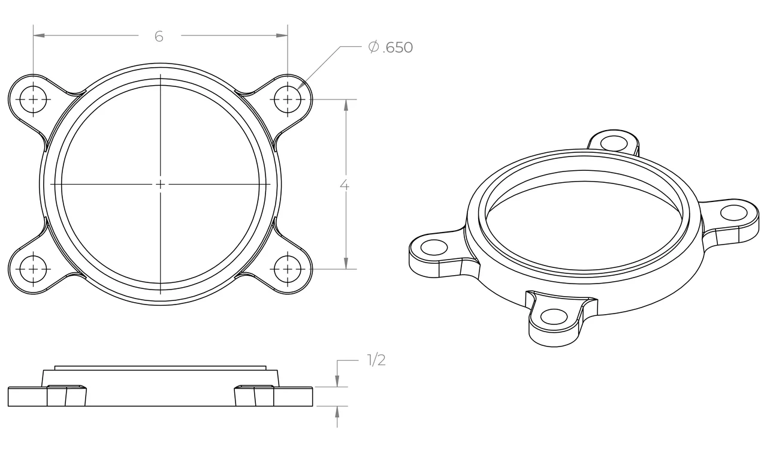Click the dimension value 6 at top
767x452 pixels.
[x=159, y=36]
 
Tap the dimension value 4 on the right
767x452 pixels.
[x=345, y=185]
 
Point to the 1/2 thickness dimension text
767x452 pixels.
[x=376, y=360]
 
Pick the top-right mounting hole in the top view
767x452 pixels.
[x=288, y=99]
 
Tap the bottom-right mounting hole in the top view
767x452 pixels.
[x=288, y=269]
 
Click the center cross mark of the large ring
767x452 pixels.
[x=161, y=184]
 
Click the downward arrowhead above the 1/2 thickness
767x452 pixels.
[x=337, y=381]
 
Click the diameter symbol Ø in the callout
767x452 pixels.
[x=373, y=47]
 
